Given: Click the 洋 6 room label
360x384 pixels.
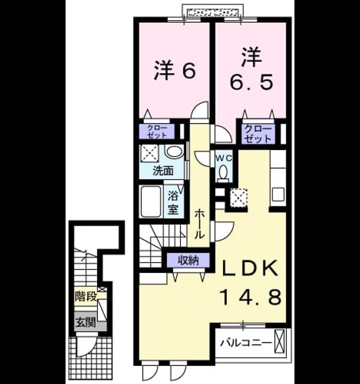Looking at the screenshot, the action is coord(175,71).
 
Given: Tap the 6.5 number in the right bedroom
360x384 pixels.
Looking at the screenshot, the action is coord(251,82).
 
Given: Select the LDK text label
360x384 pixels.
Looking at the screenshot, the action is coord(250,268).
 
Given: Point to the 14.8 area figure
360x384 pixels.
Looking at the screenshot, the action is coord(251,297).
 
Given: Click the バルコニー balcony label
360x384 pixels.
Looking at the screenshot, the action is coord(246,343).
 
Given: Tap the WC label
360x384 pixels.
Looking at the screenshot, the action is coord(224,158).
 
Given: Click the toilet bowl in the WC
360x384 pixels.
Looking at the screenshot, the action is coord(223,172).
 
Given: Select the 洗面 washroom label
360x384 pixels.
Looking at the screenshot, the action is coord(163,170).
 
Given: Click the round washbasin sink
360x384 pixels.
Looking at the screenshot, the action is coord(175,151).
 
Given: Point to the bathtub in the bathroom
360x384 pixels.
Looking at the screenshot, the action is coord(151,202).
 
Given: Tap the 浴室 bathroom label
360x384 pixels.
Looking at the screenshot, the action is coord(173,202).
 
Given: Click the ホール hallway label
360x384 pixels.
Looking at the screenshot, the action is coord(200,224).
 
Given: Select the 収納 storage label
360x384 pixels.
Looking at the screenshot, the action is coord(188,260).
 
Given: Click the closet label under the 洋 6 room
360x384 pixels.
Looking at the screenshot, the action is coord(157,131).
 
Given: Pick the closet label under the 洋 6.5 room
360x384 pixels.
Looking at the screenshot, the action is coord(257,134).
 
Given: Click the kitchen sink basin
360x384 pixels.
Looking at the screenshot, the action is coord(278,194).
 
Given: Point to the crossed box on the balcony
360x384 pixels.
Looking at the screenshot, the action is coord(280,341).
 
